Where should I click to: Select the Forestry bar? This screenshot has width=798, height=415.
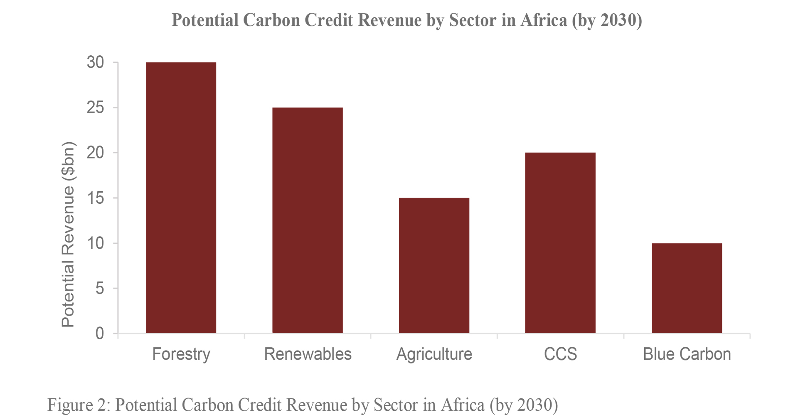pos(181,198)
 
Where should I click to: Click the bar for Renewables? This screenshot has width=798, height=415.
pos(308,220)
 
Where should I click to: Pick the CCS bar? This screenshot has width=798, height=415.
pos(560,243)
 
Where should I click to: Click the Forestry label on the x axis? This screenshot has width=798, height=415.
pos(181,354)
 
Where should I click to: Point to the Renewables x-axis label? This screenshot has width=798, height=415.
pos(308,354)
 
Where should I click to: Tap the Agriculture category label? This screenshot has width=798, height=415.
pos(434,354)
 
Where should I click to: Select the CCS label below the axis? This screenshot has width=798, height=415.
pos(560,354)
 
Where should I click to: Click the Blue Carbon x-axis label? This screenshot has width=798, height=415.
pos(687,354)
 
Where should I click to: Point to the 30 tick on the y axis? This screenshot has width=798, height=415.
pos(96,62)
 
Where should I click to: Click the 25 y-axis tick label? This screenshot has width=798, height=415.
pos(96,108)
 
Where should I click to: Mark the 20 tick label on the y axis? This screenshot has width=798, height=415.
pos(96,153)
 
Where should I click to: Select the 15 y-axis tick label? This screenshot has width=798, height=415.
pos(96,198)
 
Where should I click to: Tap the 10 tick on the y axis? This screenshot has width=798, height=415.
pos(96,243)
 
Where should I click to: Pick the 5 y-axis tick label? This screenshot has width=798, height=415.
pos(100,288)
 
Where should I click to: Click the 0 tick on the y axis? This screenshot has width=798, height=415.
pos(100,333)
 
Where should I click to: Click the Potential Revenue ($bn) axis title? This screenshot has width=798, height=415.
pos(68,234)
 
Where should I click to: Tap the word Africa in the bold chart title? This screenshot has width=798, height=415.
pos(544,20)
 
